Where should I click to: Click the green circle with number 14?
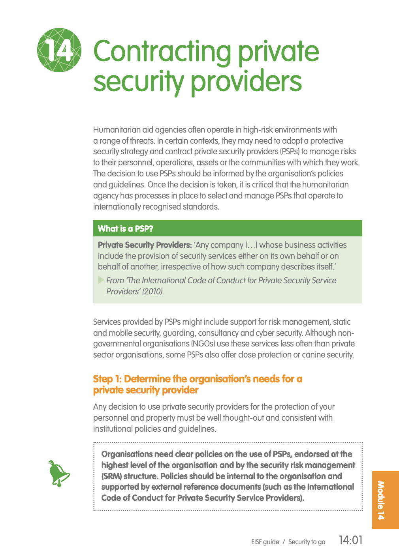click(59, 50)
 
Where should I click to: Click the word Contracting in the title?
click(162, 52)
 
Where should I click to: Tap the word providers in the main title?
click(247, 82)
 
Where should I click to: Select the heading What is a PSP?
click(126, 228)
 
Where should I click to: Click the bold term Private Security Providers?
click(145, 245)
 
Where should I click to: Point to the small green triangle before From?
click(101, 280)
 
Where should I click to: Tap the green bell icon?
click(58, 473)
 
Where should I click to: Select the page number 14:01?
click(351, 540)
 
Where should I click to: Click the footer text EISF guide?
click(265, 542)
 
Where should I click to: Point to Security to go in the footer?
click(307, 542)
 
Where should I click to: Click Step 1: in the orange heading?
click(107, 379)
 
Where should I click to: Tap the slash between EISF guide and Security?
click(284, 542)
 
